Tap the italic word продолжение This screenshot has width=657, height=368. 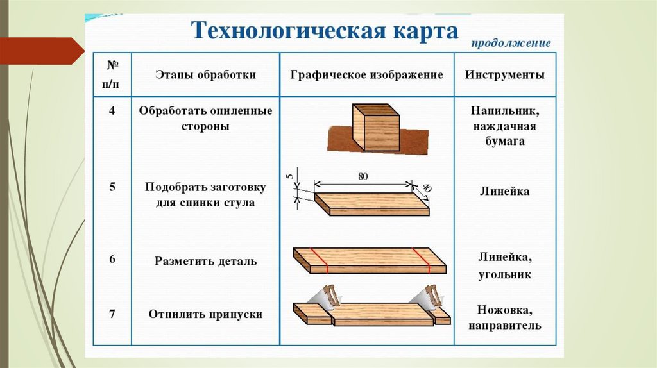click(x=511, y=44)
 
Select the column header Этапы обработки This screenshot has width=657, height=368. click(x=206, y=75)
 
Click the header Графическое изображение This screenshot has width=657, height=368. click(x=367, y=75)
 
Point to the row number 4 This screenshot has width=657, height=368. click(x=112, y=111)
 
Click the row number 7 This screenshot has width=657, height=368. click(x=112, y=314)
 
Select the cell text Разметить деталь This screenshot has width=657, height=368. click(x=205, y=262)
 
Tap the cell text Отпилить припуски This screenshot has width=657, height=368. click(x=205, y=315)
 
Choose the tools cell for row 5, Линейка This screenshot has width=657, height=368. click(x=504, y=192)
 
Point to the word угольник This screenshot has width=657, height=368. click(x=504, y=274)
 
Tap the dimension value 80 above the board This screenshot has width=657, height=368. click(x=363, y=178)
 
